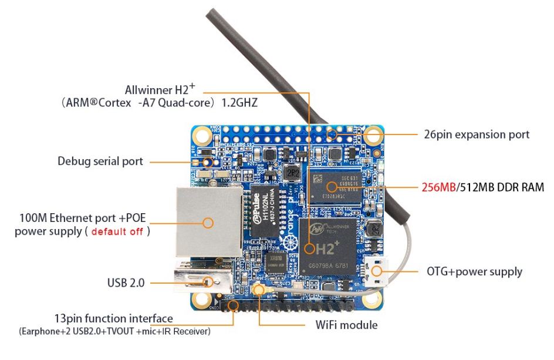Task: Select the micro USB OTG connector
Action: pyautogui.click(x=374, y=271)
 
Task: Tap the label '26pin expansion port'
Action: pyautogui.click(x=477, y=134)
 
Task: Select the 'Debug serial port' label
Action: pyautogui.click(x=100, y=161)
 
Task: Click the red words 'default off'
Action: pyautogui.click(x=117, y=231)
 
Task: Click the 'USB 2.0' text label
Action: pyautogui.click(x=126, y=283)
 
